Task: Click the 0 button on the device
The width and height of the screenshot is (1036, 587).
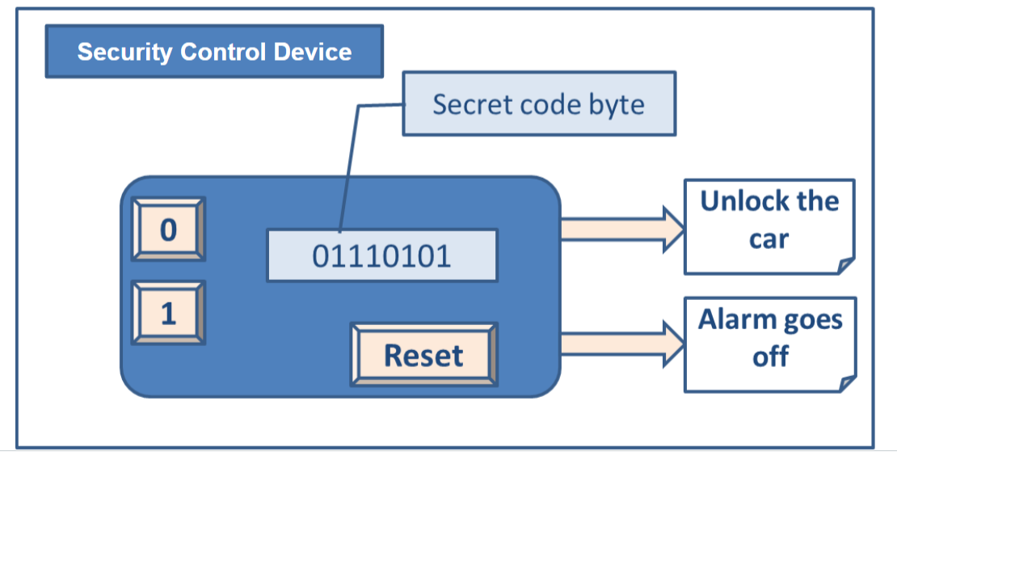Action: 168,230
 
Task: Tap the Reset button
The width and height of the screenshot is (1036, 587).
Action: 423,355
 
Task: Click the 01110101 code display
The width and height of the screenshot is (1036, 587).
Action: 381,255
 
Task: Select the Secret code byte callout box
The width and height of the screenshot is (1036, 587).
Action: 539,104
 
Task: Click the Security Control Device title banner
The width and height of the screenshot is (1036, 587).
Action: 214,52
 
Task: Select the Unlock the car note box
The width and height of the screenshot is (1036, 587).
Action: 769,226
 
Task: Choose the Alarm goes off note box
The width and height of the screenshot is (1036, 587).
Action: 769,344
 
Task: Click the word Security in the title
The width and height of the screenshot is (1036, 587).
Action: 124,52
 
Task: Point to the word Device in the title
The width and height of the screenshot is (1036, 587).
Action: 312,52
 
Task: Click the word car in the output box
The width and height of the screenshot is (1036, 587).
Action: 769,239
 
